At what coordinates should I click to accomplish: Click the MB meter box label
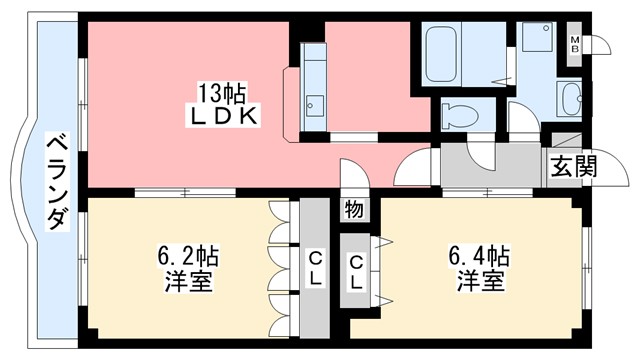(x=575, y=44)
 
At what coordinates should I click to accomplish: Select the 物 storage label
(x=354, y=209)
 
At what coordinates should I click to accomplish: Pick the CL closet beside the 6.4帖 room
(x=356, y=271)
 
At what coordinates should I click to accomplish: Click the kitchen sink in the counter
(x=315, y=103)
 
